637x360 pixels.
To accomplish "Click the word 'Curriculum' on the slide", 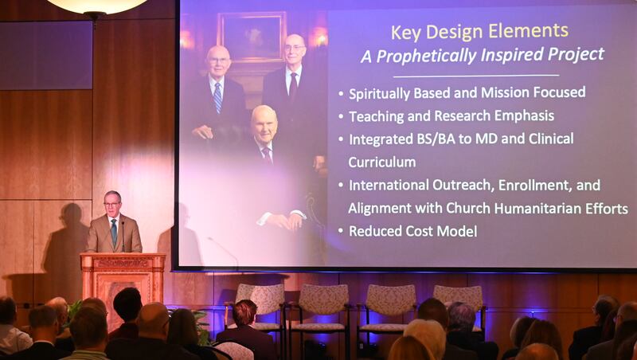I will click(381, 162).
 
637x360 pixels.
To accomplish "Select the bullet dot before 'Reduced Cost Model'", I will click(340, 232).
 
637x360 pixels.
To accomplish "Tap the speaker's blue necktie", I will click(114, 232).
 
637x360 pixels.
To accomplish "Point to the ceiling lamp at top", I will click(96, 6).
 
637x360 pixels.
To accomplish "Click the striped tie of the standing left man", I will click(217, 97).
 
